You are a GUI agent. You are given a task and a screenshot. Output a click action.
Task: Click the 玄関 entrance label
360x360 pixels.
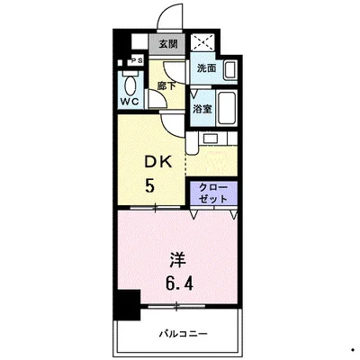tap(167, 42)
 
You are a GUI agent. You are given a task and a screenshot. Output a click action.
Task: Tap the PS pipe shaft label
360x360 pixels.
tap(135, 60)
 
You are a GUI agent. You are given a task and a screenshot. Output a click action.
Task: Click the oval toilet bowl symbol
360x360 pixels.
tap(132, 84)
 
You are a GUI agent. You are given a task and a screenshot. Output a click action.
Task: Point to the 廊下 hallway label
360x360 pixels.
tap(166, 85)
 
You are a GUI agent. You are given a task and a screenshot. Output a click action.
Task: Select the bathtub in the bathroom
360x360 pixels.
tap(226, 108)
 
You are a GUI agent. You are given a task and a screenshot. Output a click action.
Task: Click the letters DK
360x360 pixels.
tap(154, 163)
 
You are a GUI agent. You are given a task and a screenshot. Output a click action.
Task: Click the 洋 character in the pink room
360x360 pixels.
tap(177, 258)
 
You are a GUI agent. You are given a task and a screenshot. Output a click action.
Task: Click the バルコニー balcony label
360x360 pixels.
tap(184, 334)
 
